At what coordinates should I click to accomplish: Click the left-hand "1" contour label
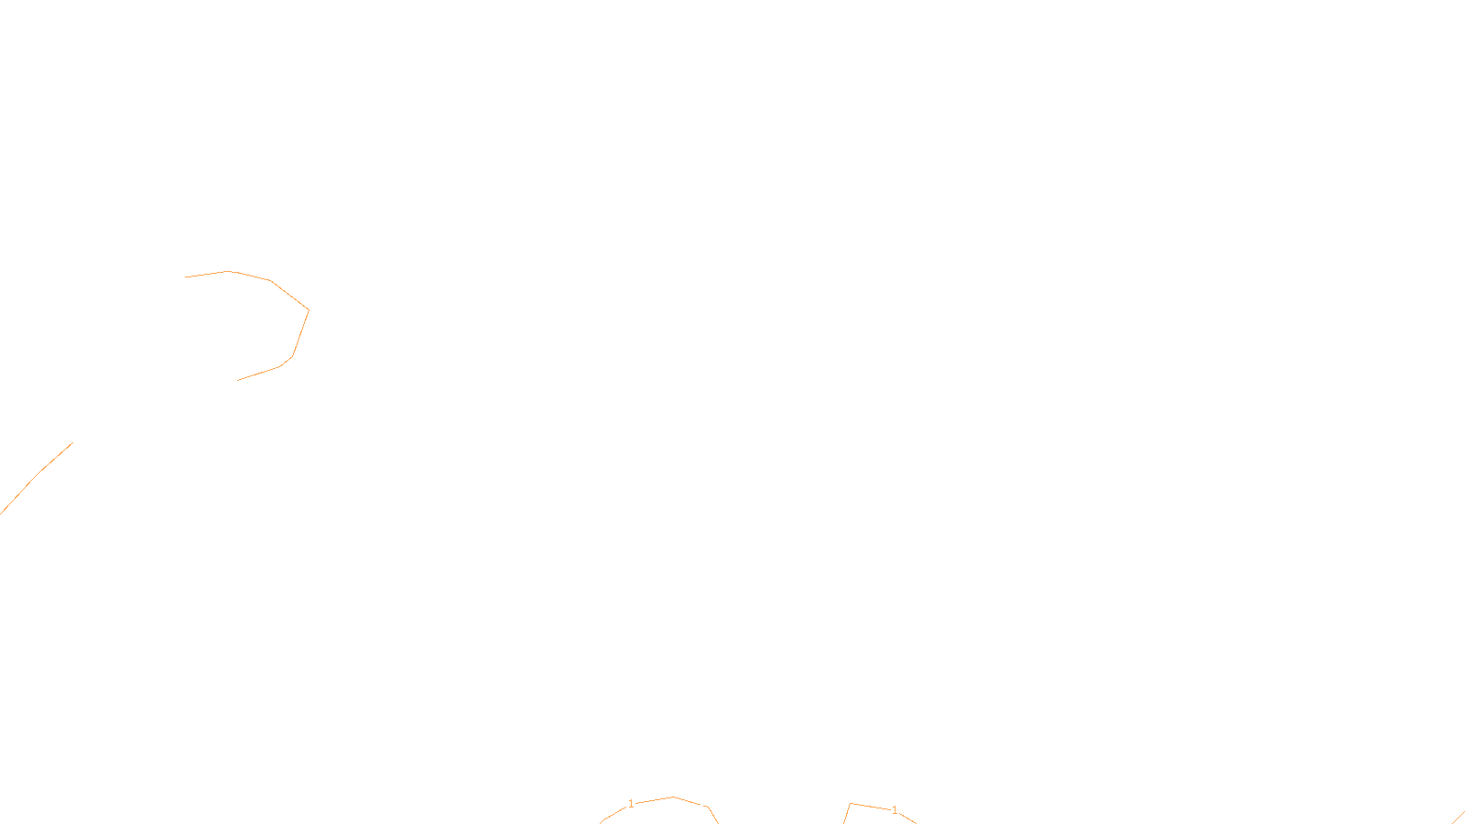631,804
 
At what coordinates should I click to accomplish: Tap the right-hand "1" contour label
895,810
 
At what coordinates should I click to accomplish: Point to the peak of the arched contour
673,797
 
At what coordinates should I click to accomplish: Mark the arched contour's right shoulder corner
709,807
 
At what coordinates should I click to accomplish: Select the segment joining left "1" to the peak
655,800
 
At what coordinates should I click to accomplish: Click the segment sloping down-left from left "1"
613,814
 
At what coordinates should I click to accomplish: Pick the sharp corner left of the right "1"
850,803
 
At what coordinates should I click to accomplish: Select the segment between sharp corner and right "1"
871,807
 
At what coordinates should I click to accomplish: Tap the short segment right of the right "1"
907,819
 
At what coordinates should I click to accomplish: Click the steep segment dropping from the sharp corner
846,814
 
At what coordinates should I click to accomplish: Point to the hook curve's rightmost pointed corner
309,310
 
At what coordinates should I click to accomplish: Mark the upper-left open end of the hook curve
185,277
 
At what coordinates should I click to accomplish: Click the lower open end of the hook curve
237,380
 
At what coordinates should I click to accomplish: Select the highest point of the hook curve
228,271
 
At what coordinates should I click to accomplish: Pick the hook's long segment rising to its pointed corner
289,296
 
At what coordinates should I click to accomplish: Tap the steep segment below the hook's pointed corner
301,333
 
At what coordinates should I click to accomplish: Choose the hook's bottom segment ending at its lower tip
258,374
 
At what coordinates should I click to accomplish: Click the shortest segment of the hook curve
287,362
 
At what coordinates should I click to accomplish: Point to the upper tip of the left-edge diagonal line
72,443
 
